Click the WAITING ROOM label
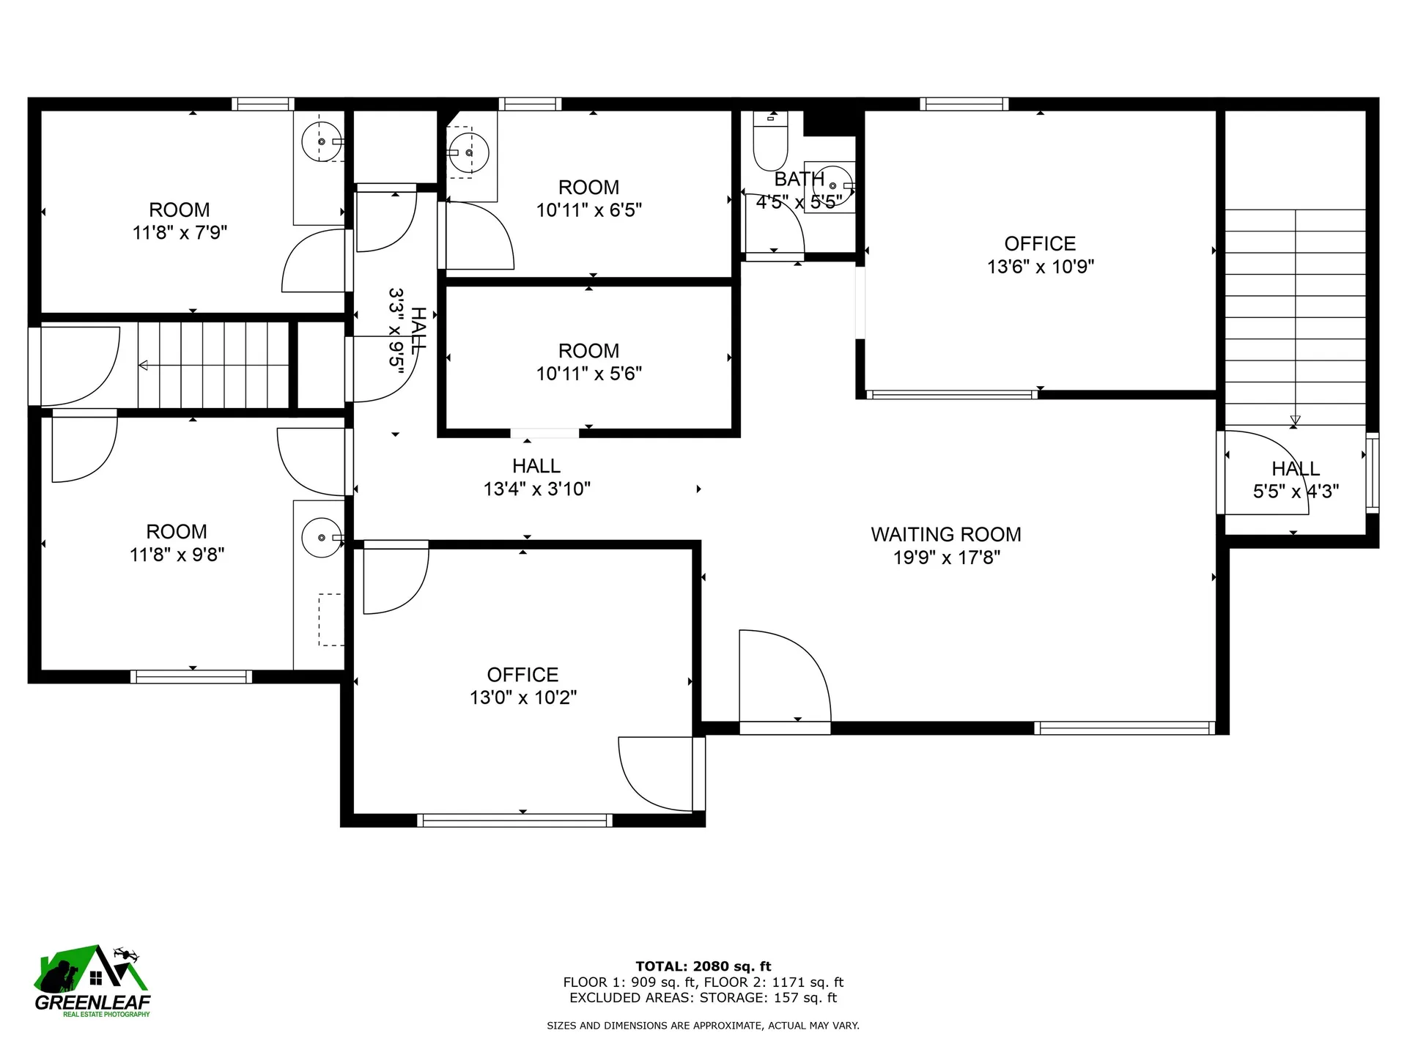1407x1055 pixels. coord(945,534)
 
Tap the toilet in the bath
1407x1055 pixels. coord(770,143)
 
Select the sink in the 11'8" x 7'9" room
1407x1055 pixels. coord(322,141)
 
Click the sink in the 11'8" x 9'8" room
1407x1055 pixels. coord(322,538)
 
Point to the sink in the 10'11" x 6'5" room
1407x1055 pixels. coord(468,152)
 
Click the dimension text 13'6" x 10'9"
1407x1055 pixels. coord(1040,267)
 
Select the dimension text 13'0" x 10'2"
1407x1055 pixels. coord(522,697)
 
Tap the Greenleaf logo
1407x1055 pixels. coord(92,982)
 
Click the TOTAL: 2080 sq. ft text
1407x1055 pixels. coord(703,966)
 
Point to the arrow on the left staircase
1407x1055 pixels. coord(144,365)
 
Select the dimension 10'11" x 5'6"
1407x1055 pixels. coord(588,374)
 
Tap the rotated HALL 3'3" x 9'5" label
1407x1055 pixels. coord(407,331)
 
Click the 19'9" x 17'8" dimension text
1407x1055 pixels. coord(946,558)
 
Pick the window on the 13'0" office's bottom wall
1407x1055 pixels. coord(514,820)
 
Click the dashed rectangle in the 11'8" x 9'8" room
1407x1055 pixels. coord(330,620)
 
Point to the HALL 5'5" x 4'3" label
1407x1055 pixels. coord(1295,480)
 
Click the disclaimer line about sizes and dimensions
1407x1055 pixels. coord(703,1026)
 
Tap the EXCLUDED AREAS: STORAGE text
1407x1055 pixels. coord(703,998)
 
